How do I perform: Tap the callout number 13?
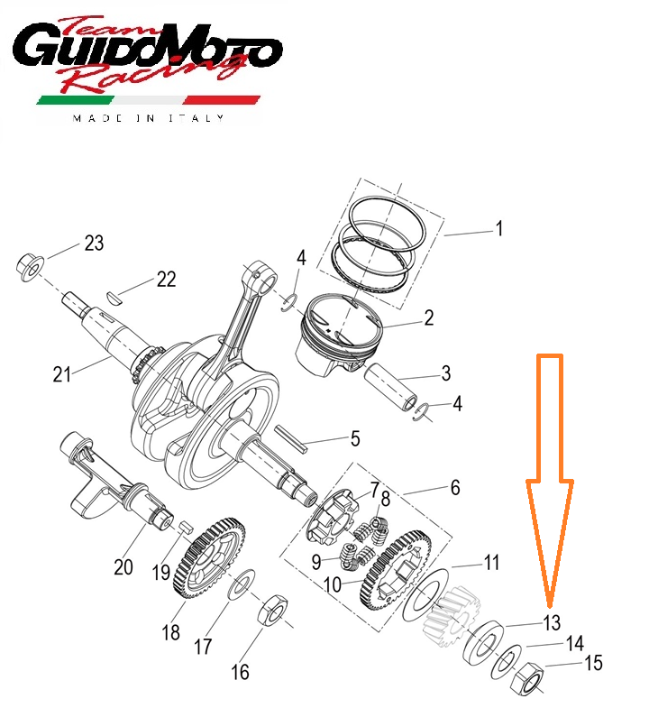[552, 622]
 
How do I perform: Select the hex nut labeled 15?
[526, 678]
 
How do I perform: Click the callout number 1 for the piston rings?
[498, 228]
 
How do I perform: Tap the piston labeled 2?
[339, 334]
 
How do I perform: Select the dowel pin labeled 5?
[291, 438]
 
